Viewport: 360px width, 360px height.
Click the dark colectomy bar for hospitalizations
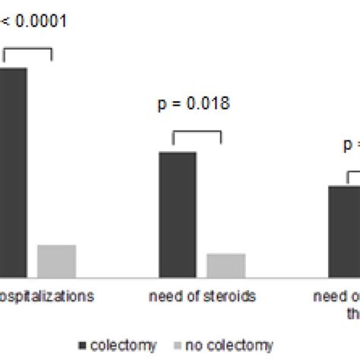(x=14, y=172)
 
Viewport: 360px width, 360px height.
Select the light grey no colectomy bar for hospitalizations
(x=57, y=261)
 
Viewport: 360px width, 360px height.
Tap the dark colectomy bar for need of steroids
(x=178, y=214)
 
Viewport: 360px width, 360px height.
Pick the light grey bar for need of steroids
(x=226, y=265)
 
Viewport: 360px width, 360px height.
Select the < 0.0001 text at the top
(x=34, y=21)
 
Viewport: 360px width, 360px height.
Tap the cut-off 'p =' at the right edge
(x=350, y=144)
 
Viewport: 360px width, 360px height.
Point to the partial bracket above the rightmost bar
(x=353, y=174)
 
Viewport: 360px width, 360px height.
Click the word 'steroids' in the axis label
(x=233, y=295)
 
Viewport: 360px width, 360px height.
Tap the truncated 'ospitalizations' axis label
(x=47, y=295)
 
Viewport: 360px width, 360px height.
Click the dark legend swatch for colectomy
(x=81, y=346)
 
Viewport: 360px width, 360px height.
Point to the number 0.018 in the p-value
(x=209, y=104)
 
